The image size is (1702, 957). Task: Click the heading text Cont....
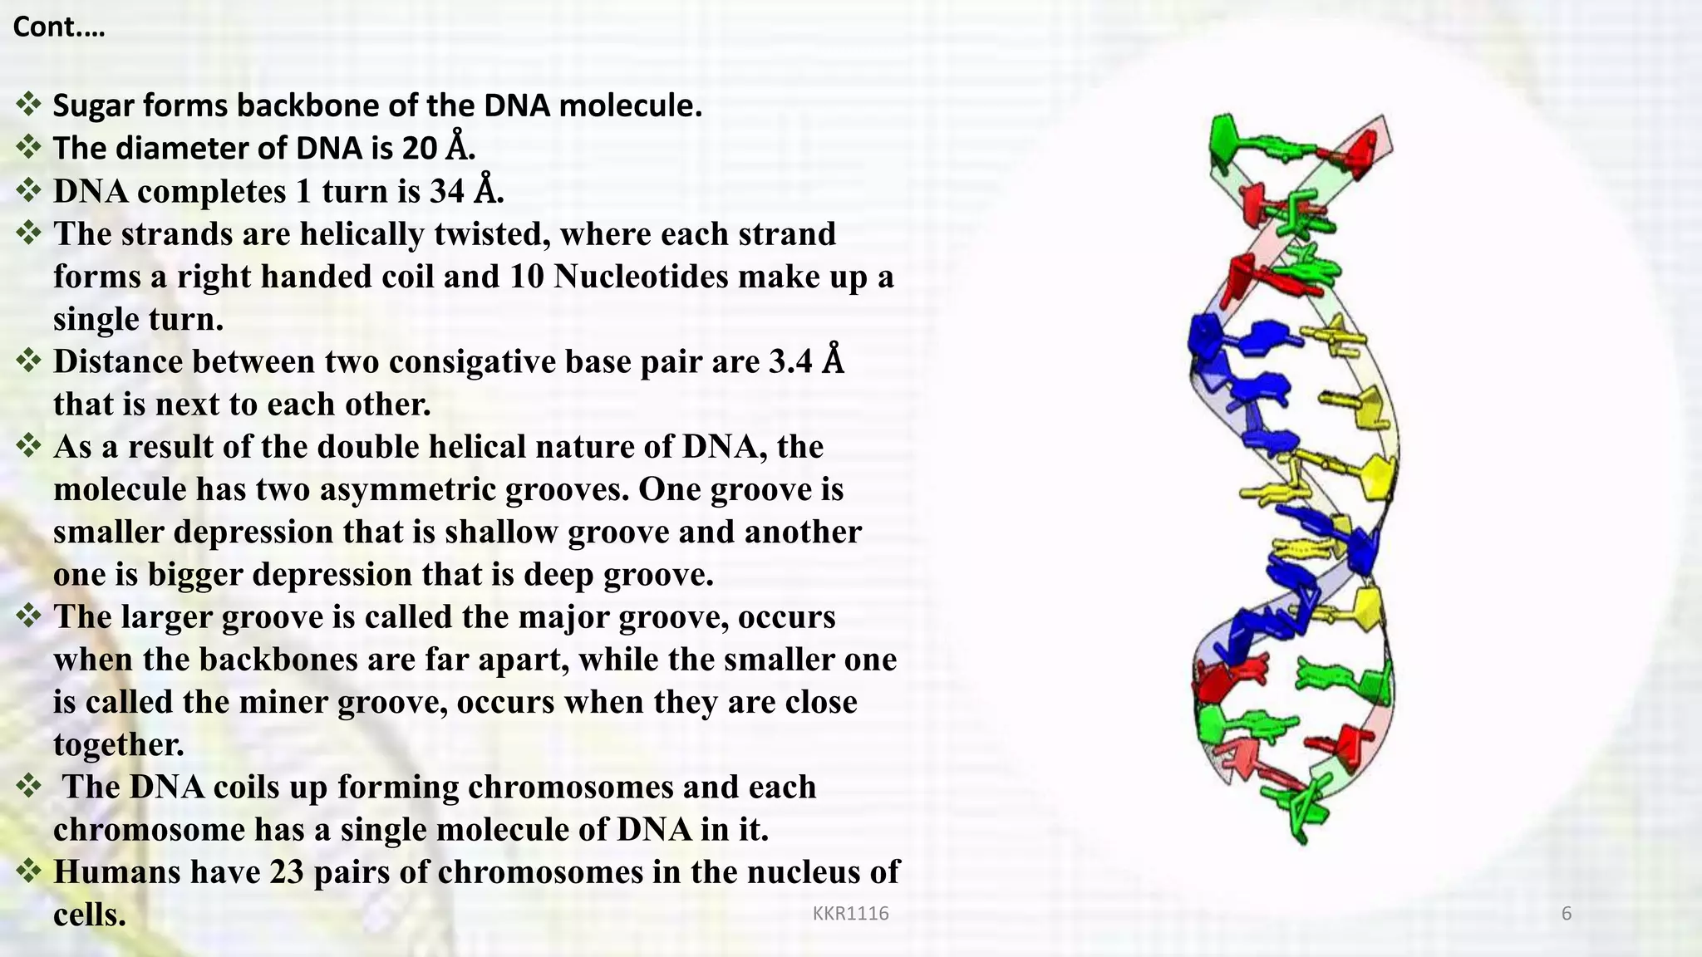[58, 27]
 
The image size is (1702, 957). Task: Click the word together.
[118, 744]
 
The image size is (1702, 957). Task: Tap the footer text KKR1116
[850, 914]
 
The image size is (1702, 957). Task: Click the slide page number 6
[1567, 914]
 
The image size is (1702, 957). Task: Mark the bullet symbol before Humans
[28, 871]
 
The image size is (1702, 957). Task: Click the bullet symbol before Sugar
[28, 105]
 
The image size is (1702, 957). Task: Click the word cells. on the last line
[89, 915]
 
